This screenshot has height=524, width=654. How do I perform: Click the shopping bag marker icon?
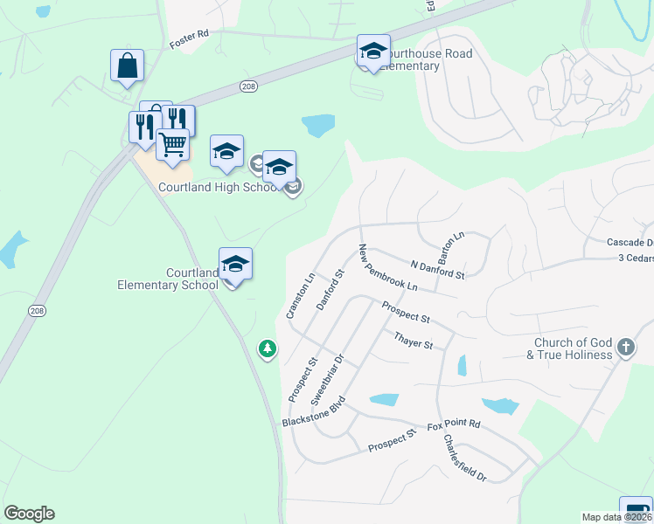click(127, 65)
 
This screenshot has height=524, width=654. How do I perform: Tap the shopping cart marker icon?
click(173, 144)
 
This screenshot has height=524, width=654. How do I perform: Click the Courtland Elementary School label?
click(168, 279)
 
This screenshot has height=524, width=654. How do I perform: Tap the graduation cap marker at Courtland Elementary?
click(235, 263)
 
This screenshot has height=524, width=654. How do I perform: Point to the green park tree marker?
click(268, 349)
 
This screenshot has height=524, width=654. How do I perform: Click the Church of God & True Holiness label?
click(569, 348)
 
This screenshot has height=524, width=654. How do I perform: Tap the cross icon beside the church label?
click(625, 348)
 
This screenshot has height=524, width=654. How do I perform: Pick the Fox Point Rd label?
click(454, 425)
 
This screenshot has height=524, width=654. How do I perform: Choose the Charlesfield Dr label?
click(464, 458)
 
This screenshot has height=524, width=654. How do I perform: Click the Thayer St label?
click(414, 340)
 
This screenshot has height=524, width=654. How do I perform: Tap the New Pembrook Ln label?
click(386, 268)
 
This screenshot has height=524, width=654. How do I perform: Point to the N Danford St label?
click(437, 268)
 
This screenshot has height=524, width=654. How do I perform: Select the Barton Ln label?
click(452, 249)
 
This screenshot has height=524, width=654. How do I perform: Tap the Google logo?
click(29, 514)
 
